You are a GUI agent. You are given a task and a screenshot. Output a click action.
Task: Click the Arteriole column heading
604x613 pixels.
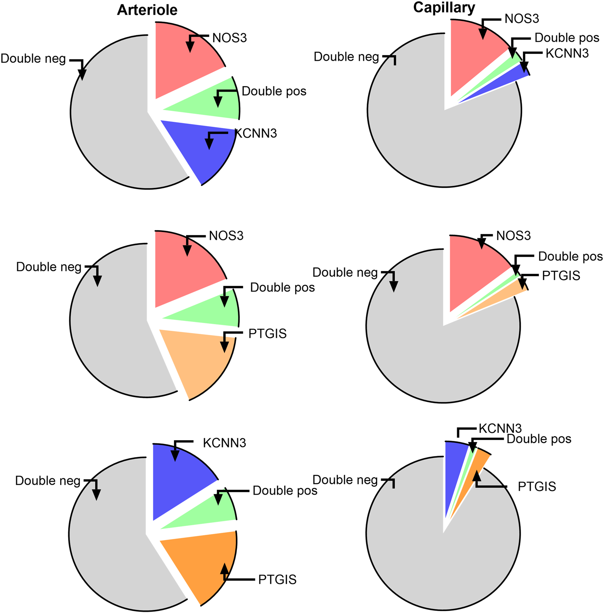pos(147,10)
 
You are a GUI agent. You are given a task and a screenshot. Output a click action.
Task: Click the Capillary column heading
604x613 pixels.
pos(444,8)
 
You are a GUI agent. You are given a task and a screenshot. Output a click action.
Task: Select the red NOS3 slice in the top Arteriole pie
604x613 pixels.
pos(178,64)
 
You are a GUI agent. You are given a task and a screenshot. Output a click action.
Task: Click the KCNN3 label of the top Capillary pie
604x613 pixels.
pos(567,54)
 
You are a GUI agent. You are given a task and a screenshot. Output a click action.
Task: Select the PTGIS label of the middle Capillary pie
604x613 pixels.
pos(561,276)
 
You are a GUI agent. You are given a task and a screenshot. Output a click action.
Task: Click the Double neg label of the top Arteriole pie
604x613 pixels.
pos(33,59)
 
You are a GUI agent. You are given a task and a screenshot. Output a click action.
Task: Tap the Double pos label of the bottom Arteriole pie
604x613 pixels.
pos(285,491)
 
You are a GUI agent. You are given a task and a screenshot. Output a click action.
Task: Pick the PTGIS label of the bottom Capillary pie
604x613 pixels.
pos(537,487)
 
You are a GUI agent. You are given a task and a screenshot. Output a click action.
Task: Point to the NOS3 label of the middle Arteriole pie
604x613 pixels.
pos(226,236)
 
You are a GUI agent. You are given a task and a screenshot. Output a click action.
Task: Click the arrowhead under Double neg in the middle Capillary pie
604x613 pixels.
pos(394,286)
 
